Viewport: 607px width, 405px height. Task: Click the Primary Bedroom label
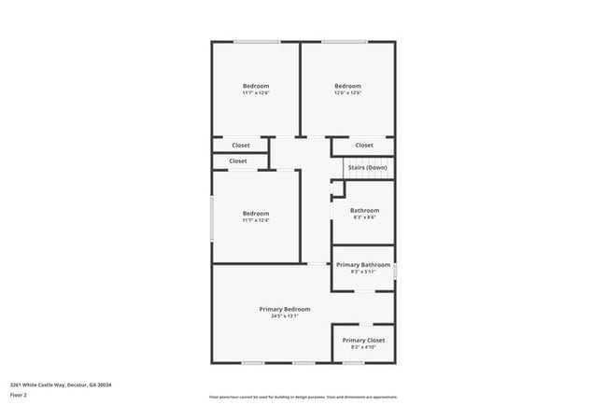(285, 309)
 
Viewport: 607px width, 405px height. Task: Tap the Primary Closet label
(363, 341)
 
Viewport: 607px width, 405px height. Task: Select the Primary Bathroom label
(363, 265)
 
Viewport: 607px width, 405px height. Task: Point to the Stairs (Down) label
(367, 167)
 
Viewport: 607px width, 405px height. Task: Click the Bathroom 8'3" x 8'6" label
(364, 211)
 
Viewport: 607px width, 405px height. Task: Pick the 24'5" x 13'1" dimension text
(285, 316)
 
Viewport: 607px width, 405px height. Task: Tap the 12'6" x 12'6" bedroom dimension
(347, 93)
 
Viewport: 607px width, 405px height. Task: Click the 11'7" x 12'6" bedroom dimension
(256, 93)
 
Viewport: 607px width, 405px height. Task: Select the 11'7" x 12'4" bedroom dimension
(256, 220)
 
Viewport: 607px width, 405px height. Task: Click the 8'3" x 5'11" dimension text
(363, 272)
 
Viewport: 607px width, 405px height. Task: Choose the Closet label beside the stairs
(364, 146)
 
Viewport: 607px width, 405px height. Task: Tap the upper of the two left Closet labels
(241, 146)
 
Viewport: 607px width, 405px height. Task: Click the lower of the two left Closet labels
(238, 161)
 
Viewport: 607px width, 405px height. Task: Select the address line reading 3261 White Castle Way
(54, 384)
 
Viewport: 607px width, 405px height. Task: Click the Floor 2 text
(20, 395)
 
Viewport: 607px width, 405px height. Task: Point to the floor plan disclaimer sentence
(303, 396)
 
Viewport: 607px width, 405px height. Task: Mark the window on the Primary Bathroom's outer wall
(395, 271)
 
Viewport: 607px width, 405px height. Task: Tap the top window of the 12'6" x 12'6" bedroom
(345, 41)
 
